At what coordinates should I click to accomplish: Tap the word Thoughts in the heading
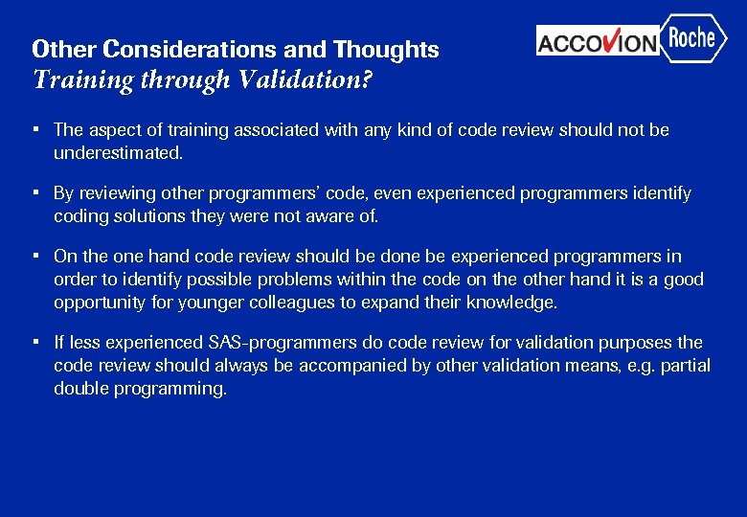pyautogui.click(x=386, y=50)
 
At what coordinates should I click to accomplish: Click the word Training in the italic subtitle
pyautogui.click(x=81, y=79)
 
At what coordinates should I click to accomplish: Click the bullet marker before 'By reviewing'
pyautogui.click(x=34, y=192)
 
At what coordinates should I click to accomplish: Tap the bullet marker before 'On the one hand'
pyautogui.click(x=34, y=256)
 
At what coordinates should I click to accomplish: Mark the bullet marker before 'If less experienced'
pyautogui.click(x=34, y=342)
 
